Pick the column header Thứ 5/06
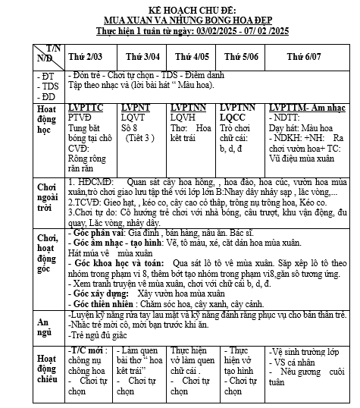[241, 55]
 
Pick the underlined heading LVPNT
[137, 108]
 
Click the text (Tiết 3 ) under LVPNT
[138, 138]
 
